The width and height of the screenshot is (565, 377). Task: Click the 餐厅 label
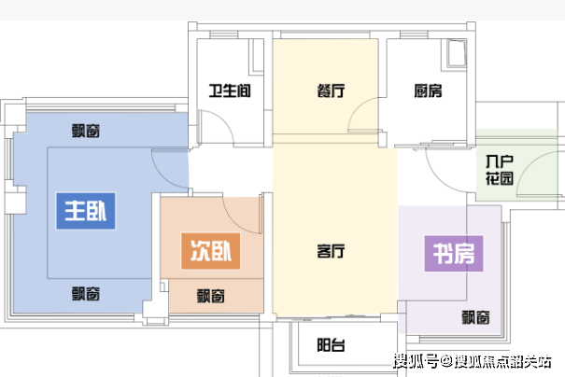click(x=332, y=91)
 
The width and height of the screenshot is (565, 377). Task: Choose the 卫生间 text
click(x=229, y=91)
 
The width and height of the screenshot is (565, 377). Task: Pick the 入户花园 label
click(x=500, y=172)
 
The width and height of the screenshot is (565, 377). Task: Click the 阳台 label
click(x=332, y=346)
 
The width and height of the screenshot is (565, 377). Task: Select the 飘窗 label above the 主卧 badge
click(x=87, y=130)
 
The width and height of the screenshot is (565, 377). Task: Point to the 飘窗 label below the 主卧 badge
click(x=87, y=292)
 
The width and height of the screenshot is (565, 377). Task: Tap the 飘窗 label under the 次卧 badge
click(x=211, y=296)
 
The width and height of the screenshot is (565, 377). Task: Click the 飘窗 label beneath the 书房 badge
click(x=475, y=317)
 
